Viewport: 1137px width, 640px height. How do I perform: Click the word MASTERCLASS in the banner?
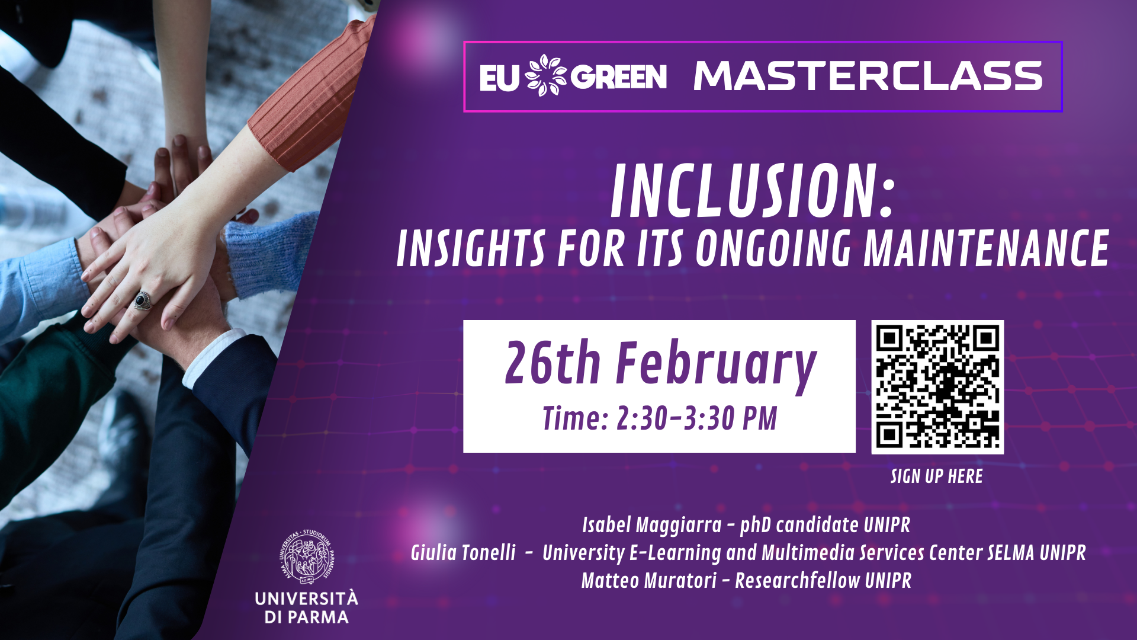(868, 76)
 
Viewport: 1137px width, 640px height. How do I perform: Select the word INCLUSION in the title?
(745, 191)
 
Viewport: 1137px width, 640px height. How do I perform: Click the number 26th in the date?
(553, 363)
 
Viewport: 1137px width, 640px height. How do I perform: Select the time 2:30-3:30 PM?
(697, 418)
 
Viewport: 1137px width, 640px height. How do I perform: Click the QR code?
(937, 387)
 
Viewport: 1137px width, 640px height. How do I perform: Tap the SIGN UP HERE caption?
(936, 476)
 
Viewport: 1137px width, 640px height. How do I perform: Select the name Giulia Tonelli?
(463, 553)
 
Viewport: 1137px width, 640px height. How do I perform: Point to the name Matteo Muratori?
(648, 581)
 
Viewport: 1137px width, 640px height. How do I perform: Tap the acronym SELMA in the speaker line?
(1011, 553)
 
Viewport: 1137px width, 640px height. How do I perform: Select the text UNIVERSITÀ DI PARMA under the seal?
(307, 607)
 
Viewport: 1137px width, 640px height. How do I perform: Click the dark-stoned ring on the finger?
(142, 300)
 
